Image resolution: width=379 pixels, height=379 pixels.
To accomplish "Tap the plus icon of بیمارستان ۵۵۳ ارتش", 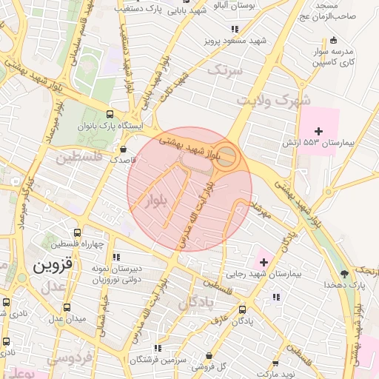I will (x=319, y=130).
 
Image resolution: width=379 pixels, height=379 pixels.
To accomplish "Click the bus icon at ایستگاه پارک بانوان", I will (x=110, y=114).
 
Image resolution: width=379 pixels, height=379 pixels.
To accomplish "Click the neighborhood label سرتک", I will (x=225, y=71).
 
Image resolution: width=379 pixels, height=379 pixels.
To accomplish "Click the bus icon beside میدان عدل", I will (x=67, y=307).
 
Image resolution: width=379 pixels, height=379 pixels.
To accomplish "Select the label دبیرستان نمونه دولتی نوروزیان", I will (x=115, y=274).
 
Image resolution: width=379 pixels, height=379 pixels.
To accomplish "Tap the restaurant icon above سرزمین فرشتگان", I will (x=156, y=348).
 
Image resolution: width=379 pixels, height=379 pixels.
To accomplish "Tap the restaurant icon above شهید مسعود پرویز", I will (x=235, y=30).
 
